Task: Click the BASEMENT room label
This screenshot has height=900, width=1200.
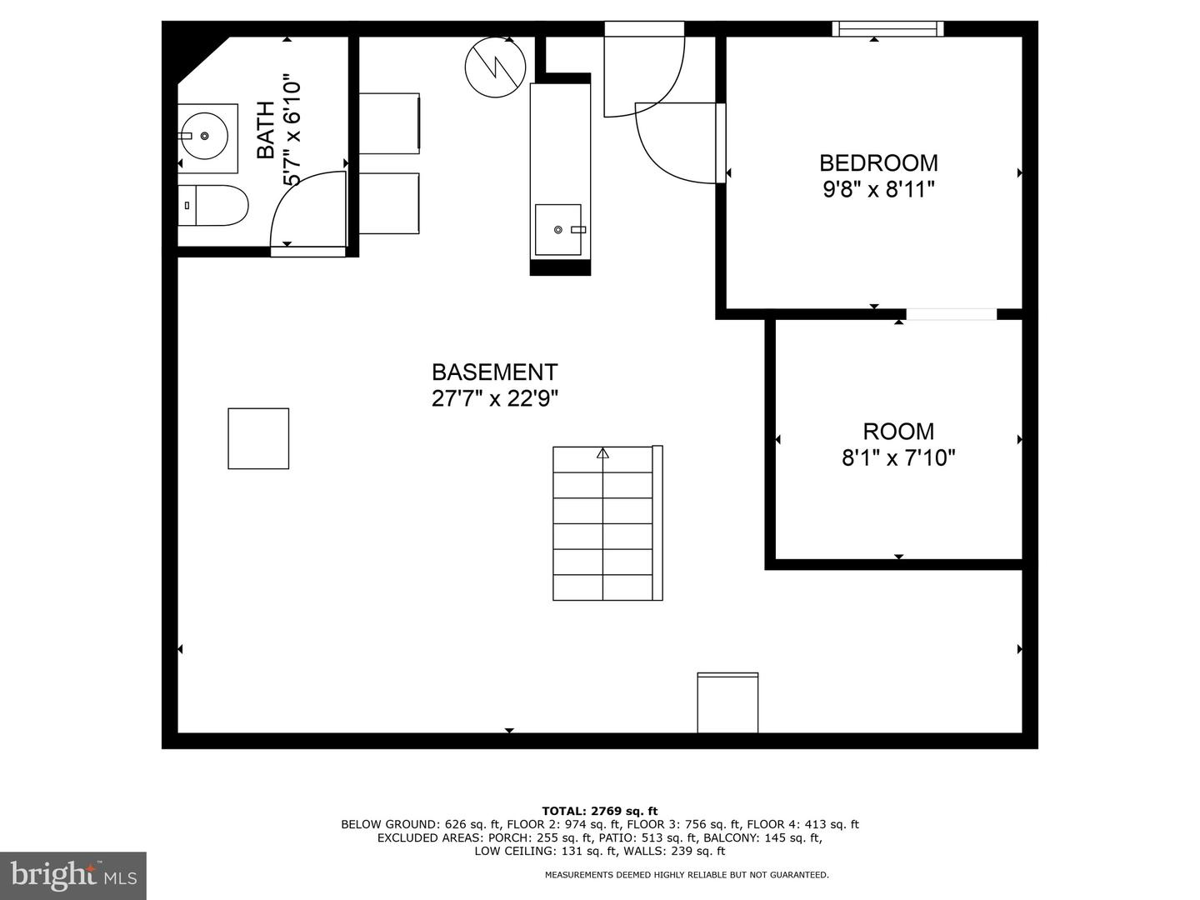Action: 494,372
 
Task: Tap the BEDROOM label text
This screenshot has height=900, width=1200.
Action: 878,162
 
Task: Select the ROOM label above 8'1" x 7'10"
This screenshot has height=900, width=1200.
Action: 898,431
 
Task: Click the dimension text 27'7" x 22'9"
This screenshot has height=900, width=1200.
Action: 494,398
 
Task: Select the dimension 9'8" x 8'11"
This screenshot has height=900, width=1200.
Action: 878,190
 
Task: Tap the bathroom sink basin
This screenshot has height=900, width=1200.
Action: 202,135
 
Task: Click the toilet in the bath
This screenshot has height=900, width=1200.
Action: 214,205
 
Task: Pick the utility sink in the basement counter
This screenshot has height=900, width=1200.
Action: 558,229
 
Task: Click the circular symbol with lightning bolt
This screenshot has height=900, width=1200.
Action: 495,67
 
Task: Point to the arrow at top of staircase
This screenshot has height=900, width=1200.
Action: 602,454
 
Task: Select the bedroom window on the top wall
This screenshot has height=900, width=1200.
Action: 887,29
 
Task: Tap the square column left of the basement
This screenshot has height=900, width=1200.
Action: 258,438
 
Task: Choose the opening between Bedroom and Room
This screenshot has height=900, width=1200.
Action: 951,314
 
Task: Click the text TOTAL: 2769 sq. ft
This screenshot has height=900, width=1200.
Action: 599,811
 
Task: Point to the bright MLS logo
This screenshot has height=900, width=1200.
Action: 73,875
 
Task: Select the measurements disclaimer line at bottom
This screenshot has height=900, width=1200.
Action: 687,875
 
